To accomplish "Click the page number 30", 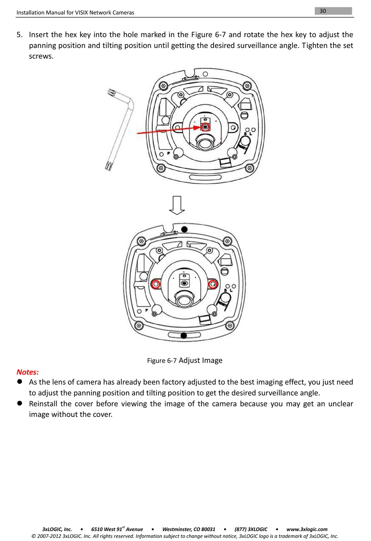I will tap(323, 11).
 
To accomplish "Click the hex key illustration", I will tap(121, 129).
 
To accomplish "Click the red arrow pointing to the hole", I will tap(168, 130).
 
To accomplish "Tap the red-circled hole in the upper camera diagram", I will tap(205, 127).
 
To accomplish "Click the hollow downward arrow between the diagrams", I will tap(177, 205).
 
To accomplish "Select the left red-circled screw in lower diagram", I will tap(156, 284).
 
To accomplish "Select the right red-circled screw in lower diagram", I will tap(213, 284).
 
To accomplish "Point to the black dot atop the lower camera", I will tap(184, 229).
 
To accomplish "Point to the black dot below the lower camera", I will tap(184, 335).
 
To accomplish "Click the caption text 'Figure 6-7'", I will tap(162, 361).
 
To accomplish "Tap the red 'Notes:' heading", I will tap(27, 372).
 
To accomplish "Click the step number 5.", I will tap(19, 35).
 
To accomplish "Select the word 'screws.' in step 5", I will tap(41, 56).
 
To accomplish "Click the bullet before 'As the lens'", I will tap(19, 382).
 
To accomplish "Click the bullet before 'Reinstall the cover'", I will tap(19, 403).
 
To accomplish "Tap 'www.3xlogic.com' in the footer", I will tap(307, 529).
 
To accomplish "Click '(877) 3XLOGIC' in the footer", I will tap(251, 529).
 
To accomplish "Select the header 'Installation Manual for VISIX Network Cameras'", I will tap(75, 12).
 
